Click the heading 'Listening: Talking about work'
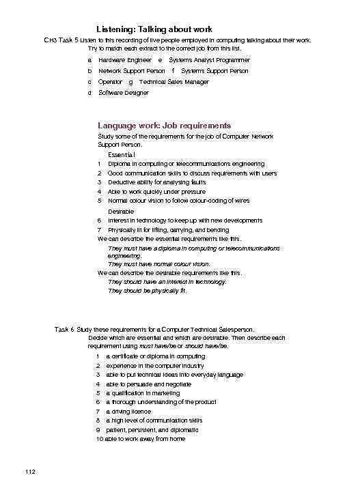(x=154, y=29)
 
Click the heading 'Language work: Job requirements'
(x=164, y=126)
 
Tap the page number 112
(x=29, y=472)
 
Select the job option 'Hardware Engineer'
(x=124, y=60)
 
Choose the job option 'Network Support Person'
(x=131, y=71)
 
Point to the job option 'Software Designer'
(x=123, y=93)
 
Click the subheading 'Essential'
(x=121, y=155)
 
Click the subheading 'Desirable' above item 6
(x=121, y=212)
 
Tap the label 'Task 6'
(x=64, y=330)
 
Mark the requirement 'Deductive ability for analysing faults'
(x=158, y=182)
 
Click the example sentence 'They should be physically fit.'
(x=148, y=291)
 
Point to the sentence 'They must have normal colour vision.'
(x=159, y=263)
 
